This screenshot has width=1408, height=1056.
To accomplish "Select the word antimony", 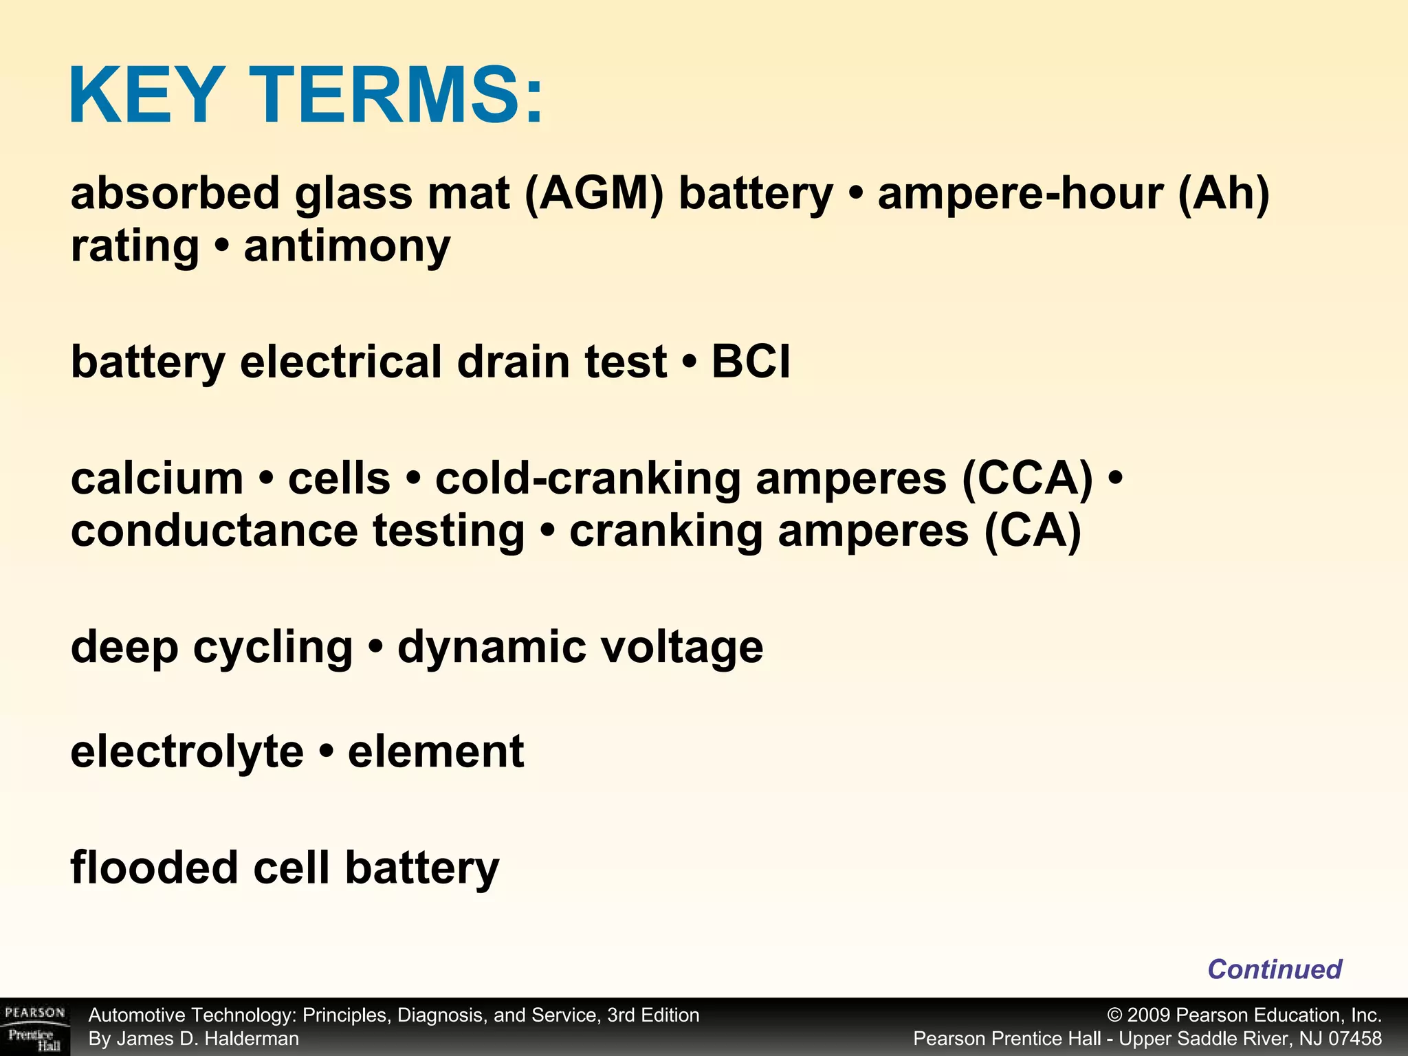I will click(x=347, y=246).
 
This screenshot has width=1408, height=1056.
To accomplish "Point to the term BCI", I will click(x=751, y=362).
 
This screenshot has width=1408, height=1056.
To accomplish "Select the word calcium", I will click(x=157, y=478).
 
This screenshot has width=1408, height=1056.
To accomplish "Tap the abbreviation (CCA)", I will click(x=1027, y=478).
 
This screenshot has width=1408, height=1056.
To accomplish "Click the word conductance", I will click(x=214, y=531).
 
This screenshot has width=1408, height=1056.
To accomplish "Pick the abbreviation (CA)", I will click(x=1033, y=531).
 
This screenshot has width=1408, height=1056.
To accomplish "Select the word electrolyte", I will click(x=187, y=751).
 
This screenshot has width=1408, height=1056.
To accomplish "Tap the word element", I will click(x=436, y=751).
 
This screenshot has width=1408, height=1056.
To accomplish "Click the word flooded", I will click(x=154, y=868).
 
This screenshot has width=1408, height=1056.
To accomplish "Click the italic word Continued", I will click(x=1274, y=969).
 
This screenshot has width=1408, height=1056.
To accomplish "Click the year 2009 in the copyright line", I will click(x=1149, y=1015).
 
